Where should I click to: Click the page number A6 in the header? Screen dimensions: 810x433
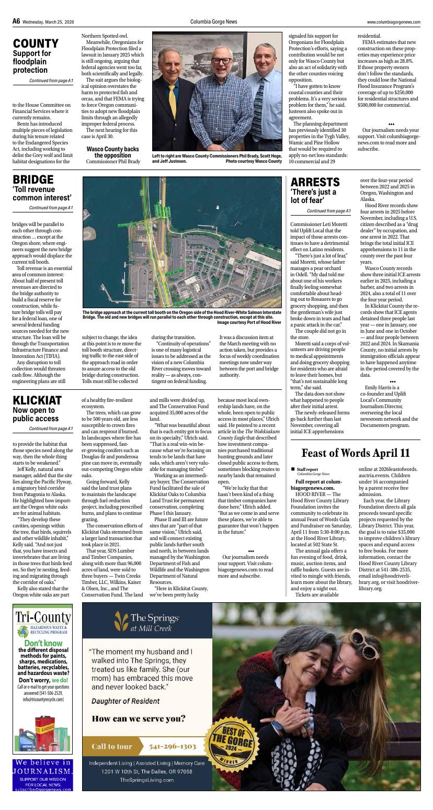(x=16, y=21)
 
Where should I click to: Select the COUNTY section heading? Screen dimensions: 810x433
(x=36, y=43)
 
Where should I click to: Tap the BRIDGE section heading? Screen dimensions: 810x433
(x=33, y=180)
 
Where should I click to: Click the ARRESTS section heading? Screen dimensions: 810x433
(x=315, y=182)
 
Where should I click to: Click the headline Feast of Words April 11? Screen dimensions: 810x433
(x=356, y=453)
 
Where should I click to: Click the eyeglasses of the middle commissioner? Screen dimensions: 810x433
(x=221, y=61)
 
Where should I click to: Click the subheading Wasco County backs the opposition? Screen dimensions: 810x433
(x=112, y=152)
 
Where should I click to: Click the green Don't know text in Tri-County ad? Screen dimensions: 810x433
(x=43, y=643)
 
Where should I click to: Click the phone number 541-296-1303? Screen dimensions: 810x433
(x=173, y=746)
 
